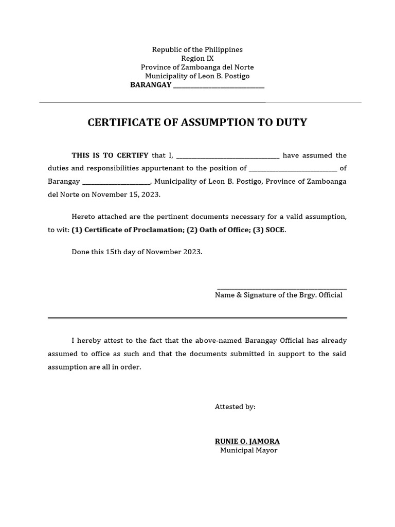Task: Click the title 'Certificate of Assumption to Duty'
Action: pos(197,122)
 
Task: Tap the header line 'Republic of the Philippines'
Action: pos(197,49)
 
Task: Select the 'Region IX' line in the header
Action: pos(197,59)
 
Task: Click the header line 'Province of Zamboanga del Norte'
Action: pos(197,67)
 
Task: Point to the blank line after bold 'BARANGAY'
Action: pos(219,85)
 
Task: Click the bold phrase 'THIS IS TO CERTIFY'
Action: pos(110,155)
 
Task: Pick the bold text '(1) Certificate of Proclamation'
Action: pos(127,230)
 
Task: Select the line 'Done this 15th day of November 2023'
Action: pos(137,252)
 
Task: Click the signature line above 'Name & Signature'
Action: pos(281,289)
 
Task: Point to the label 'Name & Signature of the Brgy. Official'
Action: pos(278,295)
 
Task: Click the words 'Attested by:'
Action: pos(235,407)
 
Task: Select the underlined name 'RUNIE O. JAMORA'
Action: pos(247,442)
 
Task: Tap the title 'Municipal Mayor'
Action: pos(248,450)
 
